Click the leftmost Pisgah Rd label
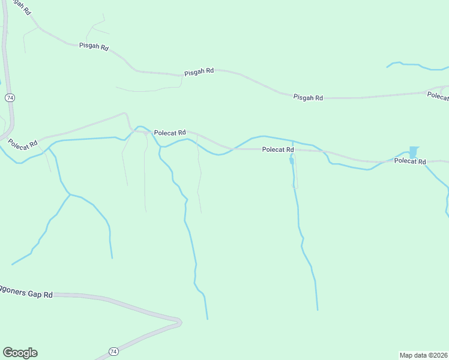(93, 46)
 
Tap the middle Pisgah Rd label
(199, 71)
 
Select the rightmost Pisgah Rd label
(308, 97)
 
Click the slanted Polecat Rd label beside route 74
(23, 144)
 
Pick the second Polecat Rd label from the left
(170, 133)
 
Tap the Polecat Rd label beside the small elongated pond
(278, 149)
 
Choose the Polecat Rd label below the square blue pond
(410, 161)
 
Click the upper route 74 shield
(9, 97)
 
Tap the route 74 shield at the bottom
(113, 351)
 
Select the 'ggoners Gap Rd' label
(26, 295)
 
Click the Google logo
(20, 353)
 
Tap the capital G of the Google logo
(7, 352)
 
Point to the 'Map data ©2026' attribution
(423, 355)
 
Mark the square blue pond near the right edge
(413, 152)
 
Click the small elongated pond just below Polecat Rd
(291, 160)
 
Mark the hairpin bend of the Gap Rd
(178, 322)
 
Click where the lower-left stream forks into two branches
(70, 194)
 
